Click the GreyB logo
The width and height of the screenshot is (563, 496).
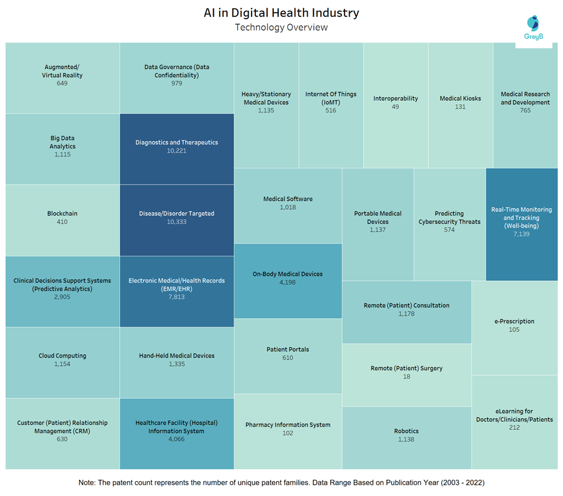[533, 28]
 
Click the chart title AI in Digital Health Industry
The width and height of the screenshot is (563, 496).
[281, 13]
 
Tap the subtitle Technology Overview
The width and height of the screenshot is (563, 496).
[281, 28]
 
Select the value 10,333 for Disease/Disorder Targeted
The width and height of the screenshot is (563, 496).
[177, 222]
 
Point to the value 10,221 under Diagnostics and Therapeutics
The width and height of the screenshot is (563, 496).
[177, 151]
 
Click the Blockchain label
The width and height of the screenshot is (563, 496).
[62, 213]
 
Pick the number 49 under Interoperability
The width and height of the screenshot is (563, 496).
[395, 107]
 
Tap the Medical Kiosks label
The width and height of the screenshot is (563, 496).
[461, 98]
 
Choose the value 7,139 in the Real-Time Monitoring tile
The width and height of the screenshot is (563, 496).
[521, 234]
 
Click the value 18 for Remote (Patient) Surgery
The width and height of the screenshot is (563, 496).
[407, 377]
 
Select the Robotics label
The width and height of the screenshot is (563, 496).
[407, 431]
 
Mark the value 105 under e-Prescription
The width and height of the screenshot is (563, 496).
[514, 329]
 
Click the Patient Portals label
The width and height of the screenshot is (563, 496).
[287, 349]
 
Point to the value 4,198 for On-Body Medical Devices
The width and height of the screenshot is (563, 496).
[287, 283]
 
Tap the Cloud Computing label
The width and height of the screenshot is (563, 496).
[62, 356]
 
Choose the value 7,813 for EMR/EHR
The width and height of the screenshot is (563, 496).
[177, 297]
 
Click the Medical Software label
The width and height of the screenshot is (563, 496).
[288, 199]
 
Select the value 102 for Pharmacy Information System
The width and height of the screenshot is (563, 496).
[287, 433]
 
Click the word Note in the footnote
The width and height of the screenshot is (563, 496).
[86, 483]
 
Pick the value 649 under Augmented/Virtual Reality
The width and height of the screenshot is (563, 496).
[62, 83]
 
